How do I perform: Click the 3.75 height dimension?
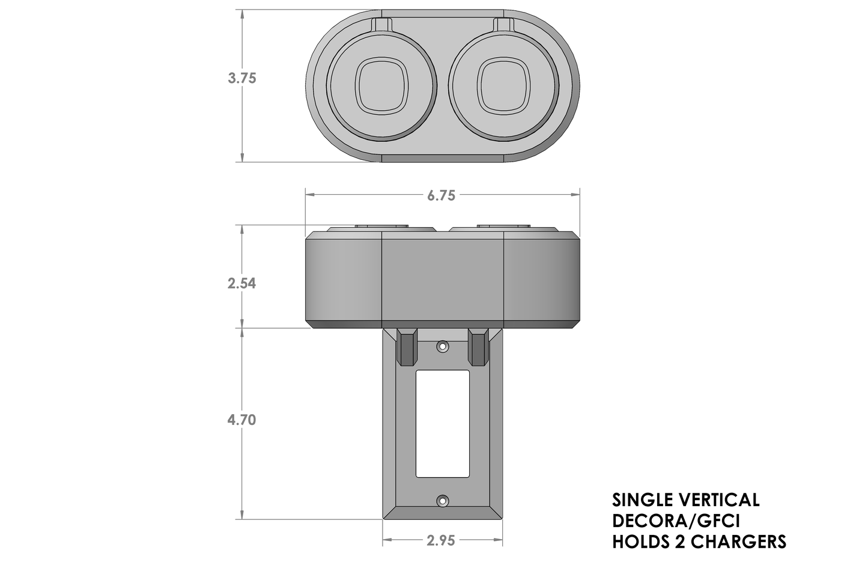pyautogui.click(x=241, y=78)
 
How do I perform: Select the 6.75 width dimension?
pyautogui.click(x=442, y=195)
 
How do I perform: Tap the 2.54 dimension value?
pyautogui.click(x=241, y=283)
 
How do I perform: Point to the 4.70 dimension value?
pyautogui.click(x=241, y=420)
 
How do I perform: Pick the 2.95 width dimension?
pyautogui.click(x=442, y=541)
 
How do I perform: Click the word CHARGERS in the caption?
pyautogui.click(x=738, y=542)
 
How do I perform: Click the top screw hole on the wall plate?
pyautogui.click(x=443, y=347)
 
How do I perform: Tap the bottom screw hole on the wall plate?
pyautogui.click(x=443, y=500)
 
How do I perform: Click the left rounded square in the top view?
pyautogui.click(x=383, y=86)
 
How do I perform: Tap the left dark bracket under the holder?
pyautogui.click(x=407, y=347)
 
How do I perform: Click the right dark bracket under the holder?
pyautogui.click(x=479, y=347)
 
